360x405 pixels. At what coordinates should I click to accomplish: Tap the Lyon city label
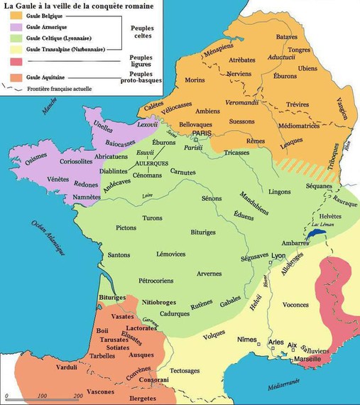[278, 256]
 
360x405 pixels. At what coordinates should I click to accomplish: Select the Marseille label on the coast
[307, 359]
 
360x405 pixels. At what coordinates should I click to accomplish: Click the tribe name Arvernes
[209, 274]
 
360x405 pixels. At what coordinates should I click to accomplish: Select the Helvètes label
[330, 216]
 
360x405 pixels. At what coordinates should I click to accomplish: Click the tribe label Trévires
[296, 105]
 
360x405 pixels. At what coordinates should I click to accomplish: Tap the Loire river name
[148, 195]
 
